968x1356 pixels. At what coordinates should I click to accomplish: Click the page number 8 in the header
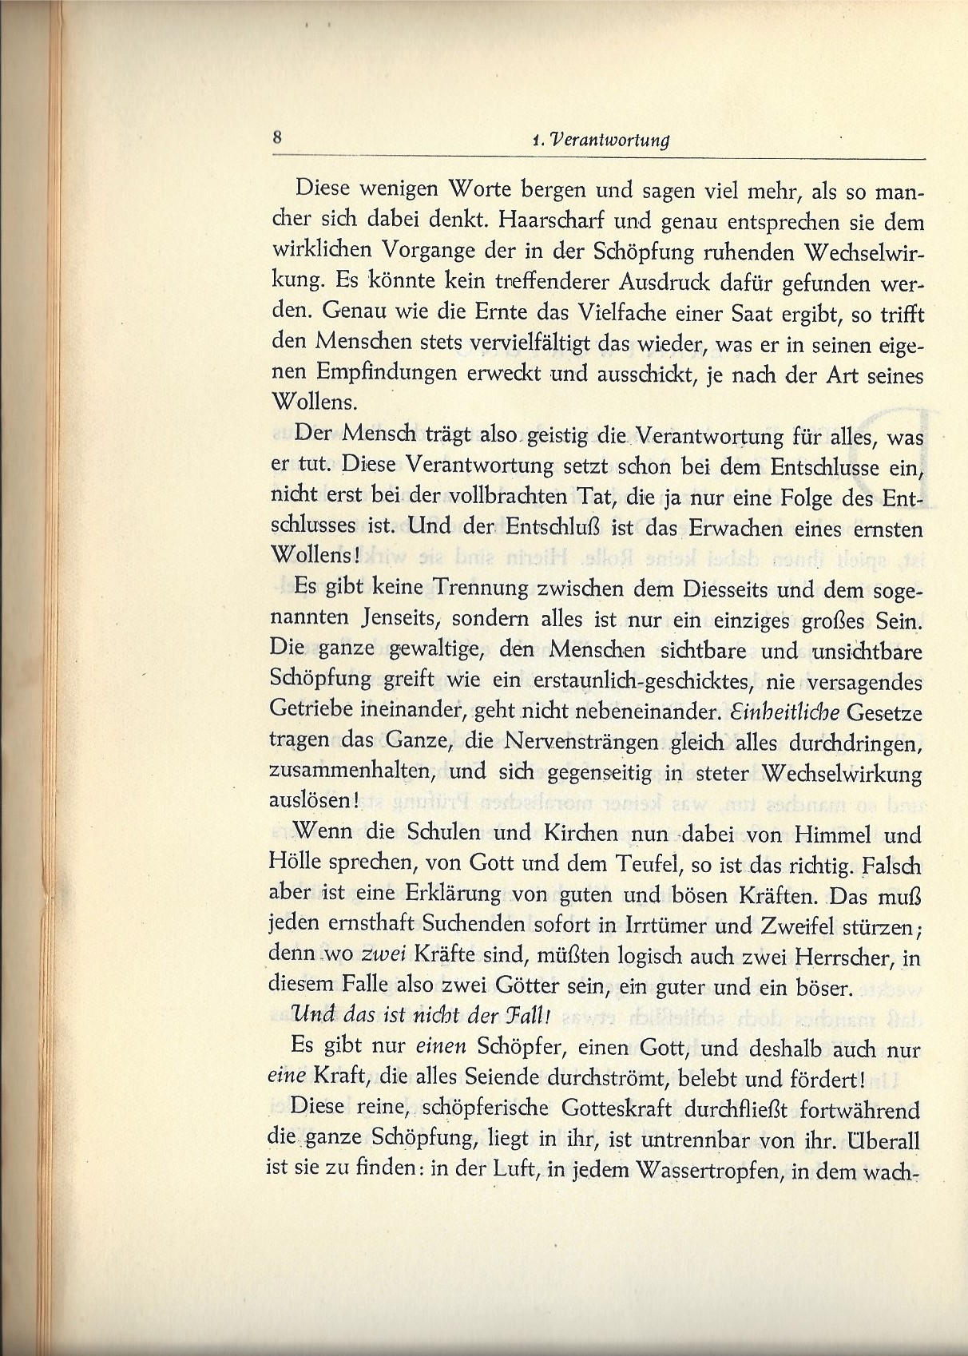(277, 137)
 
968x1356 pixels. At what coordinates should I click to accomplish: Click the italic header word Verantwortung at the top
(609, 141)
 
